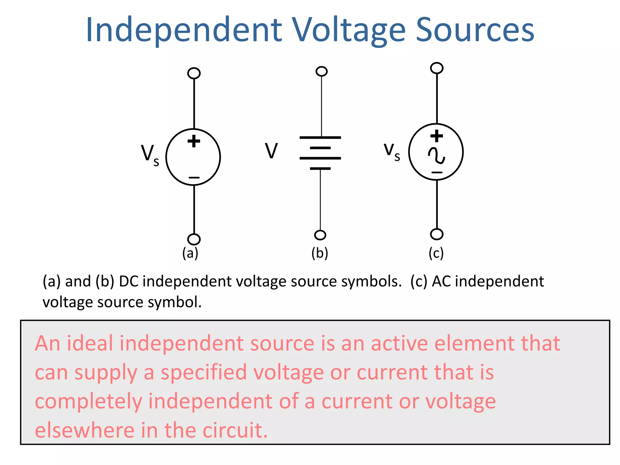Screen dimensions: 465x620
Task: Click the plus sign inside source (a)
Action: click(194, 141)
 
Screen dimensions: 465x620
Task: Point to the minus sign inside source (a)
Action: click(194, 177)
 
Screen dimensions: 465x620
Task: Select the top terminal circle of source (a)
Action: click(194, 73)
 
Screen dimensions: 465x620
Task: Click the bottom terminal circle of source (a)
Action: click(194, 239)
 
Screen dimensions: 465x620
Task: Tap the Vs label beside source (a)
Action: click(150, 155)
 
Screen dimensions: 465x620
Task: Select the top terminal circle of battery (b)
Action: click(322, 71)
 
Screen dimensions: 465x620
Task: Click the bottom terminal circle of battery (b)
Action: click(320, 235)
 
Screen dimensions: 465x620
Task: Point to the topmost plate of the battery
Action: click(320, 137)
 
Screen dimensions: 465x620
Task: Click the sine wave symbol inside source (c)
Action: click(437, 156)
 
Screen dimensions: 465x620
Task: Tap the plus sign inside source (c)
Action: click(437, 136)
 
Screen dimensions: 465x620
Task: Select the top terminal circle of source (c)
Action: click(437, 68)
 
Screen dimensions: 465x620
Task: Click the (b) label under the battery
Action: click(320, 253)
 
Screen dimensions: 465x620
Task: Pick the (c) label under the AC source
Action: click(436, 253)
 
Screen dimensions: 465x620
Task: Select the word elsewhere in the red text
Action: click(84, 430)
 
